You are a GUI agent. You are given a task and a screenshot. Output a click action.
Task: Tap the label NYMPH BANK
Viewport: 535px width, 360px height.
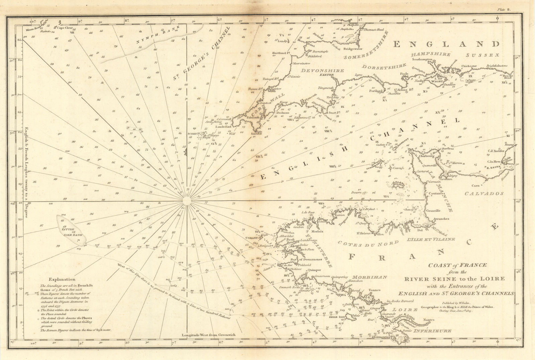tap(157, 35)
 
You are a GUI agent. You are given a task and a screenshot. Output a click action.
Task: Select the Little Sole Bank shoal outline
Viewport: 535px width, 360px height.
tap(71, 230)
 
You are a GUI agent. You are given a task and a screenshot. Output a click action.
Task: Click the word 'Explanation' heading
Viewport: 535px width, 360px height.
tap(62, 279)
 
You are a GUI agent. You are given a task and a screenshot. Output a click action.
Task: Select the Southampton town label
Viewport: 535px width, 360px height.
tap(422, 60)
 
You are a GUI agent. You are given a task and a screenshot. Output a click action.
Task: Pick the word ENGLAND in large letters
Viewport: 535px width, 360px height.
tap(446, 44)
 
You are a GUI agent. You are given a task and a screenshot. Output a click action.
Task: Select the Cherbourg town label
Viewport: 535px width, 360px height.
tap(424, 156)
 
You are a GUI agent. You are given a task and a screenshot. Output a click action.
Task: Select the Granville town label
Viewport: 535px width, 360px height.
tap(433, 211)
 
